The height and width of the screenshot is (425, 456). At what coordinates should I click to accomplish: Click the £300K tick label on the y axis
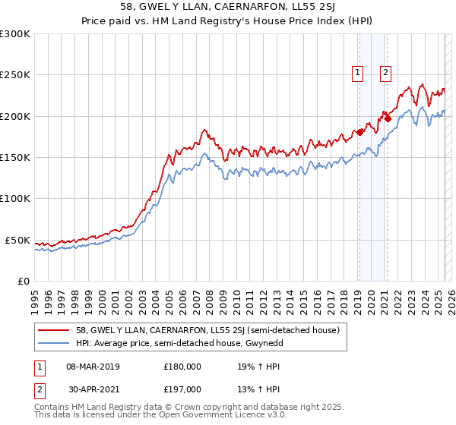(x=15, y=34)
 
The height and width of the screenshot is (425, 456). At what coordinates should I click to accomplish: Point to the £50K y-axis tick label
(x=18, y=240)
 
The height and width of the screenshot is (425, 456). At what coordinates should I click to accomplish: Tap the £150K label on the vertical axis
(x=15, y=158)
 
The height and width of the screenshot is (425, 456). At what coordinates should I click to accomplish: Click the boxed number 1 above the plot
(x=358, y=73)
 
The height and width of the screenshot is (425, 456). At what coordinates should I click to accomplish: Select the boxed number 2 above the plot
(x=386, y=73)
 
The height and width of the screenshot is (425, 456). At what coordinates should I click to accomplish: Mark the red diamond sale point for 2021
(x=388, y=118)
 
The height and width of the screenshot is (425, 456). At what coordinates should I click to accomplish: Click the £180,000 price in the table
(x=182, y=366)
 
